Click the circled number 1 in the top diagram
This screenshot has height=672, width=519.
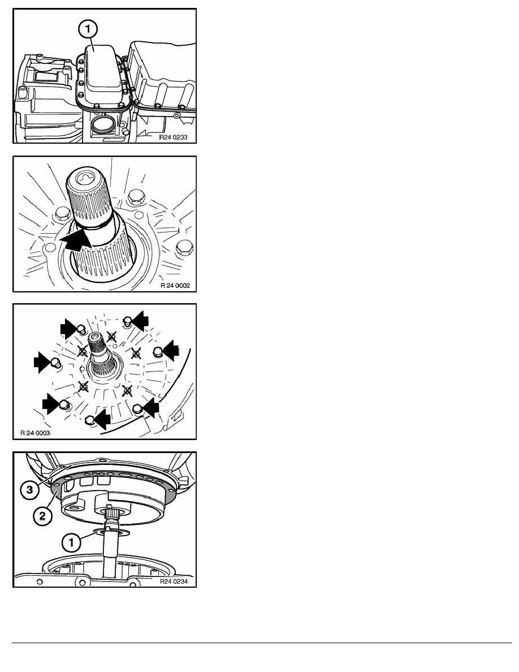tap(88, 29)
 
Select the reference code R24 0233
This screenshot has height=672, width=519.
tap(173, 137)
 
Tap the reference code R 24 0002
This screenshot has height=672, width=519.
tap(175, 286)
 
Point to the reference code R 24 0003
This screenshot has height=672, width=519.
tap(35, 433)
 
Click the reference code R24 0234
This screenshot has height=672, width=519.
tap(174, 581)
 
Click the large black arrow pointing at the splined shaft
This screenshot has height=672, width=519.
tap(77, 239)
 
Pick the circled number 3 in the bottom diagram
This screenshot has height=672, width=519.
tap(29, 489)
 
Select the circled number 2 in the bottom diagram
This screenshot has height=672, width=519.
tap(42, 516)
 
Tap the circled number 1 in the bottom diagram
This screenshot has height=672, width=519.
tap(71, 542)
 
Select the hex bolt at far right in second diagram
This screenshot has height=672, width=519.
tap(184, 247)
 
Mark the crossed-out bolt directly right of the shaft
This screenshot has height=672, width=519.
tap(136, 354)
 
